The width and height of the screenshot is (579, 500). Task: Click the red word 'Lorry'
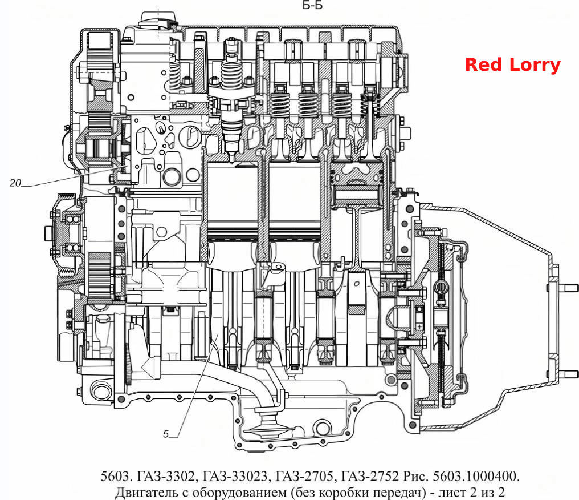[535, 66]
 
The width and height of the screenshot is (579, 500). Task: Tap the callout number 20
[15, 183]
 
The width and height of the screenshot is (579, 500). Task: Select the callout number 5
[166, 434]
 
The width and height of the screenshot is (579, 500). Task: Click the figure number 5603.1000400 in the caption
[476, 476]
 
